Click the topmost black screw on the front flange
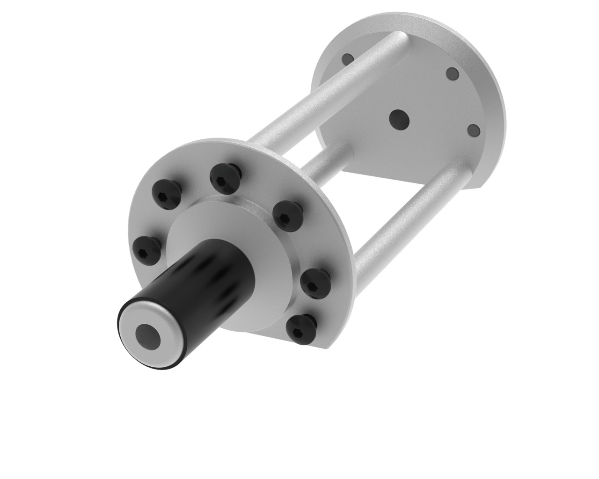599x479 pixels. click(225, 176)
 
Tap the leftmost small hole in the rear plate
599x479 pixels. click(348, 58)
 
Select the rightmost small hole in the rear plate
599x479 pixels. click(474, 129)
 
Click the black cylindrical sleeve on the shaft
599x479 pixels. click(197, 281)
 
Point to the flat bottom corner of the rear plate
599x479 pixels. click(475, 187)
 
